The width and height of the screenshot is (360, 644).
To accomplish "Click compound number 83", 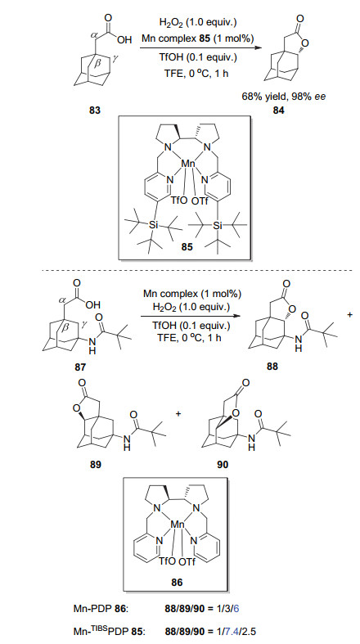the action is point(95,111).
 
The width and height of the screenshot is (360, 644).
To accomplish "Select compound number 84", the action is point(283,111).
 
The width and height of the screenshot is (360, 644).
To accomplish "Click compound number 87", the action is point(80,367).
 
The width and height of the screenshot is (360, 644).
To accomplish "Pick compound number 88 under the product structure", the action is point(272,367).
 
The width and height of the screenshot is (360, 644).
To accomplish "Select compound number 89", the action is point(95,465).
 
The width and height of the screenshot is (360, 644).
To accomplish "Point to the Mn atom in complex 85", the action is point(189,164).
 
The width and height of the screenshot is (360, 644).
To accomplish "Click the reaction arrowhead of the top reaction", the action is point(258,48).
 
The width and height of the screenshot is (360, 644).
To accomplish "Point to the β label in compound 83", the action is point(97,64).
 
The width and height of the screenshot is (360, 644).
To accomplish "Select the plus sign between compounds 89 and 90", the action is point(178,413).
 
